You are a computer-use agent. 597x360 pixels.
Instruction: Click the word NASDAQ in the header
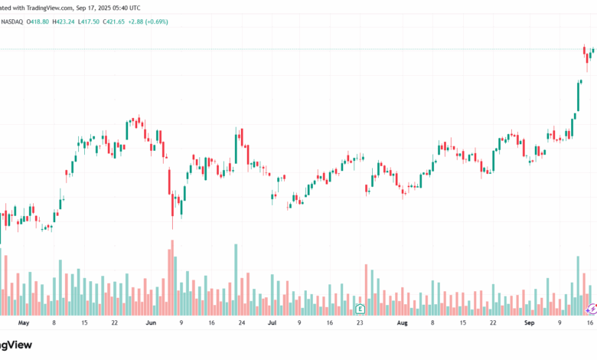point(13,21)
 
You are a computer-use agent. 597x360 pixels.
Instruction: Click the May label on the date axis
point(23,323)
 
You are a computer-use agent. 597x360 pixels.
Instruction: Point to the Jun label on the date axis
point(151,323)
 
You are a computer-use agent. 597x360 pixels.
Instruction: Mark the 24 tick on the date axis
point(241,323)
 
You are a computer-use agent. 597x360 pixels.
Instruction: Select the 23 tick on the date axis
point(360,323)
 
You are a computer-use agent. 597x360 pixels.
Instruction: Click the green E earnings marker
point(360,309)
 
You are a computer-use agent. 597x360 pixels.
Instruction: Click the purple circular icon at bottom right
point(591,308)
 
